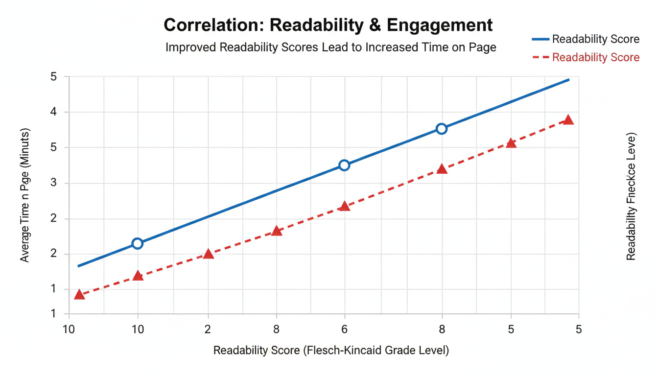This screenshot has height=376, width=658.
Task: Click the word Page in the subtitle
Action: (x=483, y=47)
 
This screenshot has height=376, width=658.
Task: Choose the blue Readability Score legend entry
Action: (x=585, y=39)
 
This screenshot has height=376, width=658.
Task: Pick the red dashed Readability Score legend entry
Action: (x=585, y=57)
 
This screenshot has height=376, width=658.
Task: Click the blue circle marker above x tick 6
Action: (x=344, y=165)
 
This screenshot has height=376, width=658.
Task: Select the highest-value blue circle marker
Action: (x=442, y=129)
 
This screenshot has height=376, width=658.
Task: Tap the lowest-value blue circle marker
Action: (x=138, y=243)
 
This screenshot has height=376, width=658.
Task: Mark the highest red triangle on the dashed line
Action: (x=568, y=120)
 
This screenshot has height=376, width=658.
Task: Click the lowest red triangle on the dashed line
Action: (x=79, y=295)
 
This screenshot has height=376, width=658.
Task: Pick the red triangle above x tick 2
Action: (x=209, y=254)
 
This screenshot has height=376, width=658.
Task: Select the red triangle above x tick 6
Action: (x=345, y=206)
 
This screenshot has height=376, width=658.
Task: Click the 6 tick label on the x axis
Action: (x=345, y=329)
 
